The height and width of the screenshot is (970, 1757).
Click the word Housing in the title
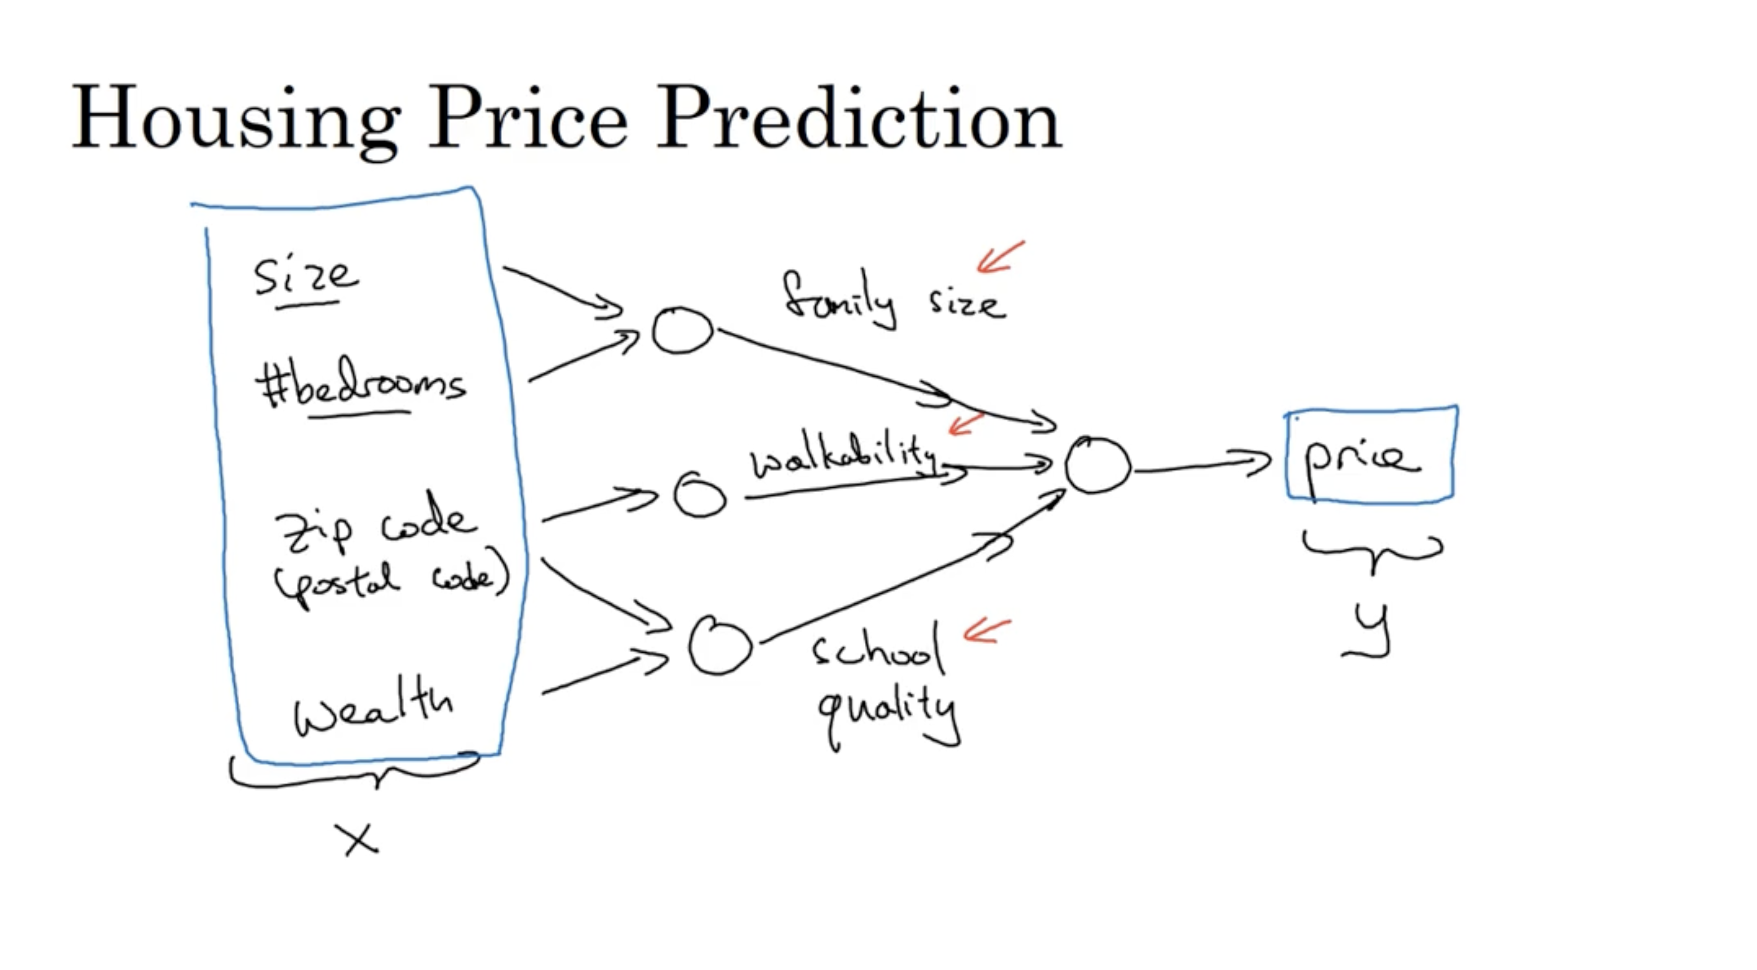235,117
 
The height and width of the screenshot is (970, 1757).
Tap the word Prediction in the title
858,117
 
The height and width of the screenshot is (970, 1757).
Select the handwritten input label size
305,276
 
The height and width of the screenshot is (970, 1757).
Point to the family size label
893,300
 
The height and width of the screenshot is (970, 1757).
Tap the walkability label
842,456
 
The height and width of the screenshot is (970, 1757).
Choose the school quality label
883,682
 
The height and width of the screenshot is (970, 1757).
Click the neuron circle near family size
682,331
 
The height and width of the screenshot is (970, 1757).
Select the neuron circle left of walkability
699,494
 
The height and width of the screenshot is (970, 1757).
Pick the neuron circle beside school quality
720,646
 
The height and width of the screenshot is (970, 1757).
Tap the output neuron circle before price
1097,465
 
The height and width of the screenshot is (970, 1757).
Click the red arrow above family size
1001,257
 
